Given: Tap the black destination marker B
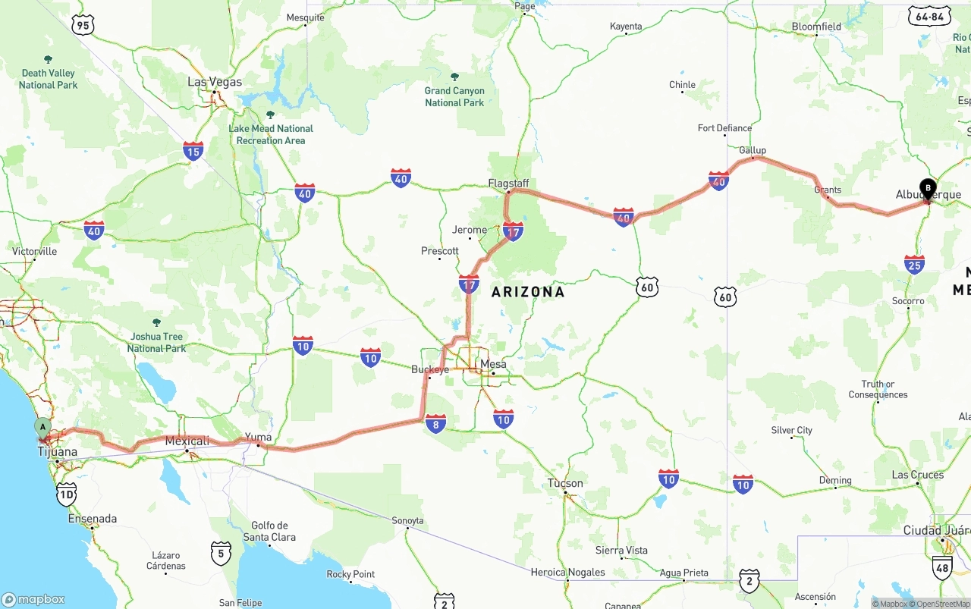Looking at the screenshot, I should tap(928, 188).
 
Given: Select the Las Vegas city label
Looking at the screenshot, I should tap(215, 82).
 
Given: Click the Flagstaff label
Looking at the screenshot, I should tap(508, 184).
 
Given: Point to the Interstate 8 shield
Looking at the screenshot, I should tap(435, 423).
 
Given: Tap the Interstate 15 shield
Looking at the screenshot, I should tap(193, 150).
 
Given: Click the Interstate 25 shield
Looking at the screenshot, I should tap(914, 264).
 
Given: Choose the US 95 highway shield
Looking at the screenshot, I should tap(83, 26).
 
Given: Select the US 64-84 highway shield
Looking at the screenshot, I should tap(929, 17).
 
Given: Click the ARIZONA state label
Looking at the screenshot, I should tap(528, 292).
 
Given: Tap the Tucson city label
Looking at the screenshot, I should tap(565, 483).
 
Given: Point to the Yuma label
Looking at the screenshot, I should tap(258, 438).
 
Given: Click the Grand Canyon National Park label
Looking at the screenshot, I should tap(454, 96).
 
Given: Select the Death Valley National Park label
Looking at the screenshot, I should tap(49, 79).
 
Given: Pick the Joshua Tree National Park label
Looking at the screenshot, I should tap(156, 342).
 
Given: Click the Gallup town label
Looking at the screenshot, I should tap(753, 150).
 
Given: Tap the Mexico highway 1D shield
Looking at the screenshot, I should tap(67, 495).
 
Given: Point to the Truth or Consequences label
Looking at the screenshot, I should tap(878, 389).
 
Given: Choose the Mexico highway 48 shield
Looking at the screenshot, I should tap(942, 568).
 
